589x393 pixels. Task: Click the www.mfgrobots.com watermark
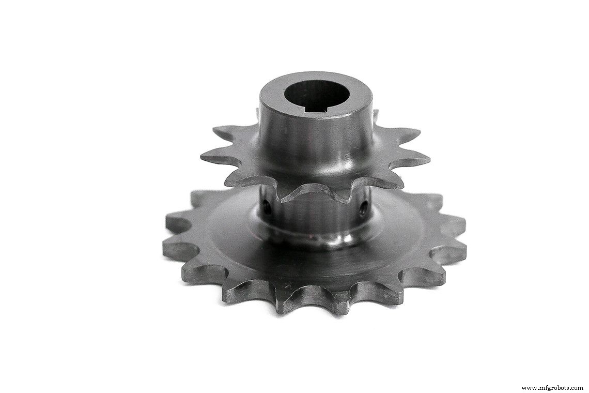tap(552, 388)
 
